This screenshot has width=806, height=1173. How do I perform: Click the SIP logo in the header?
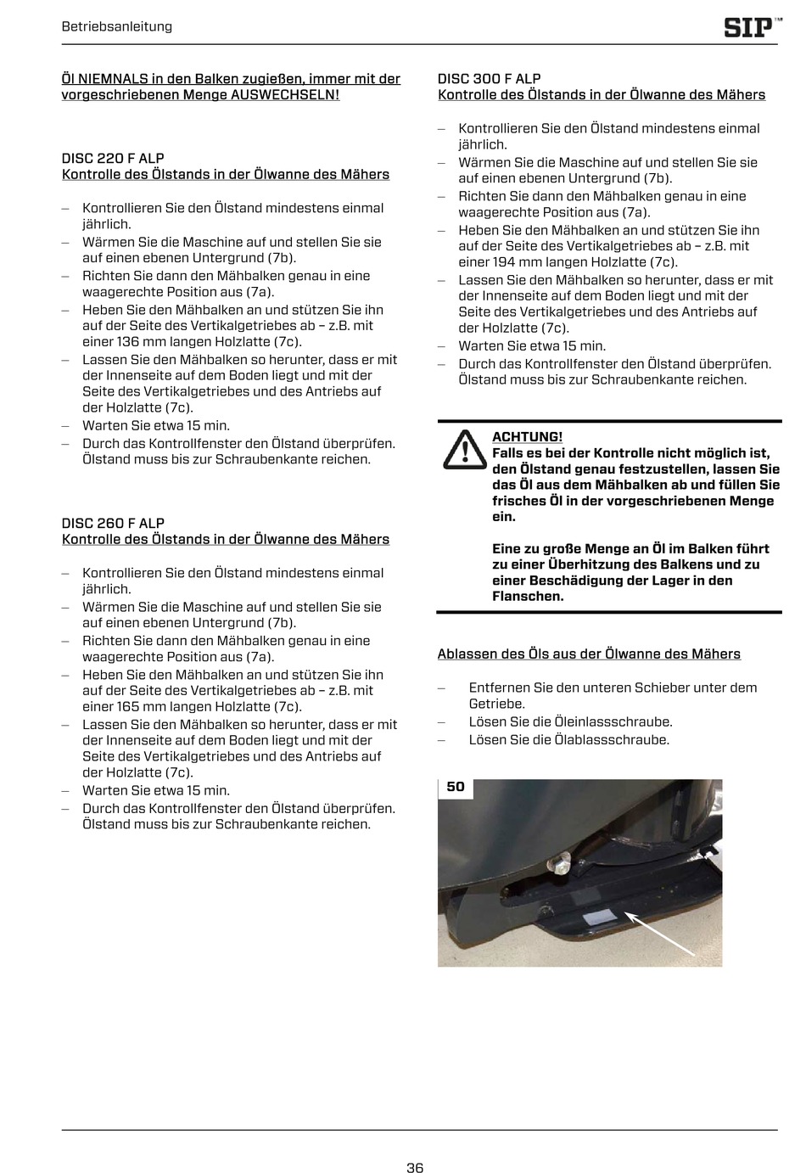coord(750,27)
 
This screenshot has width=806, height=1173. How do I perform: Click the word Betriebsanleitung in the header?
coord(117,26)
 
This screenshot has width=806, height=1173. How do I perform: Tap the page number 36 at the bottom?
coord(415,1167)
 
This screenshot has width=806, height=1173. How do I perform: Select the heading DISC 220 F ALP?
coord(113,159)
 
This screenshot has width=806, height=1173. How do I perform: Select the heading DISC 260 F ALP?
coord(113,524)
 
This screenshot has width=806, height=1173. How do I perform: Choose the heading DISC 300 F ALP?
coord(489,79)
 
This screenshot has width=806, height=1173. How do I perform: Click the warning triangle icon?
coord(464,450)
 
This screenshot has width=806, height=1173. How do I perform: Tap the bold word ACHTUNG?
coord(527,437)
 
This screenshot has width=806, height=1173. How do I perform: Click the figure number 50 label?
coord(456,787)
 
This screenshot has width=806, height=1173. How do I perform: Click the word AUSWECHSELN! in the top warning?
coord(284,95)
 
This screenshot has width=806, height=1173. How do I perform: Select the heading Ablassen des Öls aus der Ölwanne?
coord(589,654)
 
